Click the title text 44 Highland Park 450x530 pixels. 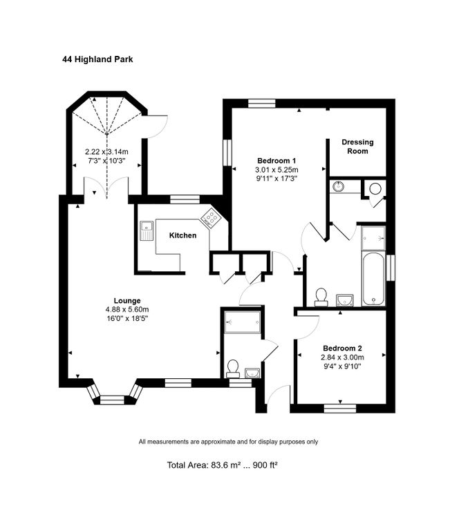97,59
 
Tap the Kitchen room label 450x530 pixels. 183,235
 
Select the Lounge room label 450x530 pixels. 127,300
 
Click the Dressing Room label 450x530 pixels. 357,147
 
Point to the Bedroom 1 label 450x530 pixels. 276,161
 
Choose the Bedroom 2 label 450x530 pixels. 342,348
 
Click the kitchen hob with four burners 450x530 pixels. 210,217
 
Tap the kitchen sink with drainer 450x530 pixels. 147,230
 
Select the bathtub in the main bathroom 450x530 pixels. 373,279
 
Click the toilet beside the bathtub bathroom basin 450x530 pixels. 321,297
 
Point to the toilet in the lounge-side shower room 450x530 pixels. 233,369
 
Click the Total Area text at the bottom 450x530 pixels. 223,465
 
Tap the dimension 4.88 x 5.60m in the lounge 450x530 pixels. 127,309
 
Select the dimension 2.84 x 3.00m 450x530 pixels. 342,357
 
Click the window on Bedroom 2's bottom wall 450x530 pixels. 340,409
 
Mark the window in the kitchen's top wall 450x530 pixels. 185,199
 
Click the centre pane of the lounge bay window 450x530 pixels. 113,400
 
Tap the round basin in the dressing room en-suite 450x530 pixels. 337,186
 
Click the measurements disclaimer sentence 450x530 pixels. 228,442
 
